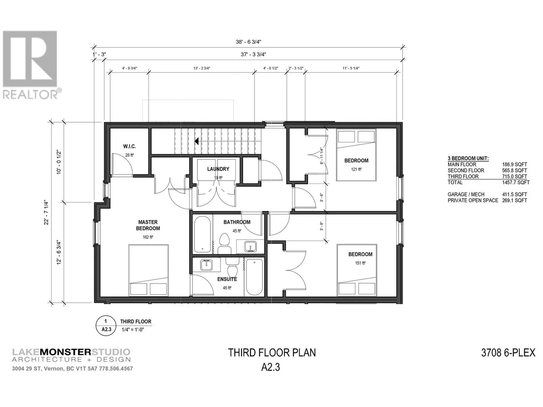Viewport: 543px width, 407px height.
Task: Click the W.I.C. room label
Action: click(129, 146)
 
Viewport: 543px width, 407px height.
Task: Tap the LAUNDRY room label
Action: click(218, 169)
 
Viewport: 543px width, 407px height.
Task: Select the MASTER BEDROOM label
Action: click(148, 225)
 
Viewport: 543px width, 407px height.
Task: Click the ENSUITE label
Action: click(227, 279)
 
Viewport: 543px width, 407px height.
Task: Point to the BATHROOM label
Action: click(237, 222)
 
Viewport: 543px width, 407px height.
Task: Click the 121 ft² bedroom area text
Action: click(356, 169)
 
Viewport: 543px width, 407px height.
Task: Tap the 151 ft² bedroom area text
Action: click(360, 263)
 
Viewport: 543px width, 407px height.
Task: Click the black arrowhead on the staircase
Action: click(196, 141)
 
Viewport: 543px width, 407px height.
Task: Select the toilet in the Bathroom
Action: click(225, 243)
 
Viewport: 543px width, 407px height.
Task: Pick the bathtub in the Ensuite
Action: click(254, 277)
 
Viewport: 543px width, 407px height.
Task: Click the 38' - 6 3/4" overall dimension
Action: click(248, 42)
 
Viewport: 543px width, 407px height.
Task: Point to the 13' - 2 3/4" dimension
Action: click(202, 68)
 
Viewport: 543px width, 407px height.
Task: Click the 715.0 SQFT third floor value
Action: click(514, 176)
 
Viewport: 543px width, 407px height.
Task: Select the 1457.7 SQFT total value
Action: click(516, 182)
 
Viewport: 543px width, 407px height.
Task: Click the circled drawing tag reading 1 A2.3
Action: click(106, 326)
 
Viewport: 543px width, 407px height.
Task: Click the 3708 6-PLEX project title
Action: click(508, 353)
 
